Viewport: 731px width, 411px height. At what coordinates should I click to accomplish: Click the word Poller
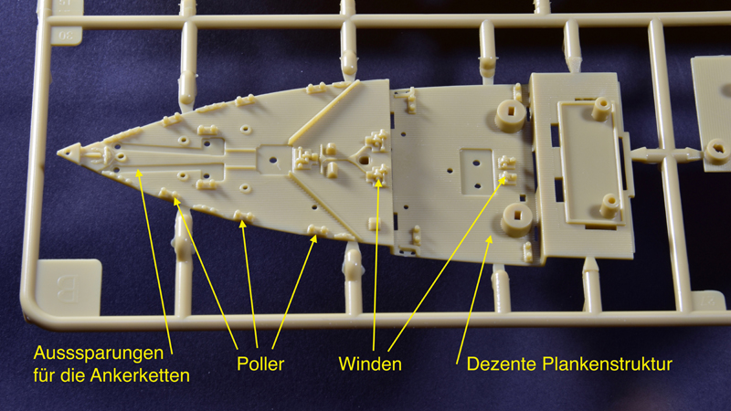pos(260,364)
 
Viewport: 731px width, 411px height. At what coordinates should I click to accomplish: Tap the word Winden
pos(370,364)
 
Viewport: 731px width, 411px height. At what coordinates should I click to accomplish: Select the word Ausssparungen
pos(99,353)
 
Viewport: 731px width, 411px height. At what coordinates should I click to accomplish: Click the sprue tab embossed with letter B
pos(69,286)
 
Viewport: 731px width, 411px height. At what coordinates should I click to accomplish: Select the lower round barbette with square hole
pos(517,219)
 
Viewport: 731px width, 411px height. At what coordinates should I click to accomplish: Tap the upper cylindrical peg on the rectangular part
pos(601,108)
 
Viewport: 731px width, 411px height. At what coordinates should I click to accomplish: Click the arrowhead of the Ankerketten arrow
pos(139,174)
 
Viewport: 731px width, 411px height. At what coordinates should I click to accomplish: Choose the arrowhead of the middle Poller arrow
pos(242,224)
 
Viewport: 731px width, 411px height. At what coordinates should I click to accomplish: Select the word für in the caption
pos(45,375)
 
